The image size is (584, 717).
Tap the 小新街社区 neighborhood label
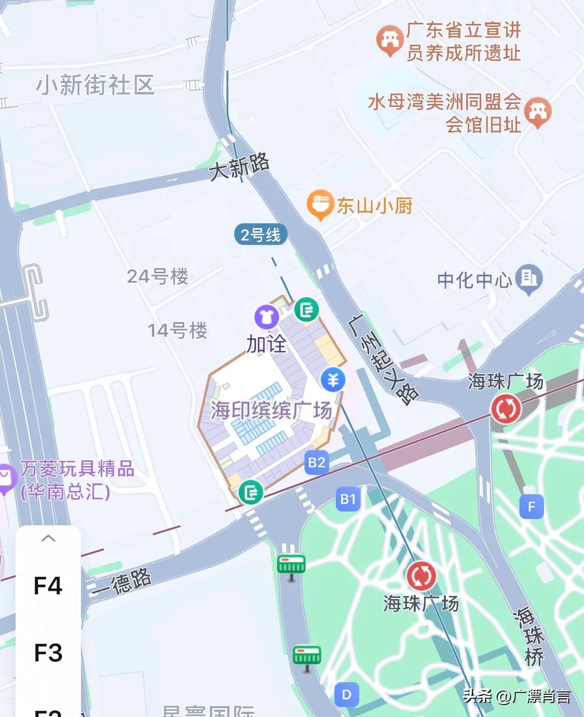point(96,85)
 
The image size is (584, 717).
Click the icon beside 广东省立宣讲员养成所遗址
point(390,40)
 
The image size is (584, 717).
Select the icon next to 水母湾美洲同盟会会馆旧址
point(537,112)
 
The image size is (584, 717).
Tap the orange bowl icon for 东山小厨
point(320,204)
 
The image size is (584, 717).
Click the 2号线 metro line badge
point(261,235)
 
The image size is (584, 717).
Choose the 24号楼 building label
point(158,276)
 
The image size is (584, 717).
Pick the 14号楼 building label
point(178,330)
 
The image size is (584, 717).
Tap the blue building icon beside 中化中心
point(528,278)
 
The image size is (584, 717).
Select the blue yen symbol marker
point(333,380)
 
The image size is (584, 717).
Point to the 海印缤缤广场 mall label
point(271,410)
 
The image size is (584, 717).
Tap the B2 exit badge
point(317,462)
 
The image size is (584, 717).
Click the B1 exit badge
point(348,499)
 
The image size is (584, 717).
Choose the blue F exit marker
point(531,507)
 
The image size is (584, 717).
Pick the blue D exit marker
point(347,695)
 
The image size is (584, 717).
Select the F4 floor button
point(48,586)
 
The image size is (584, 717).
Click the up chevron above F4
point(48,538)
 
